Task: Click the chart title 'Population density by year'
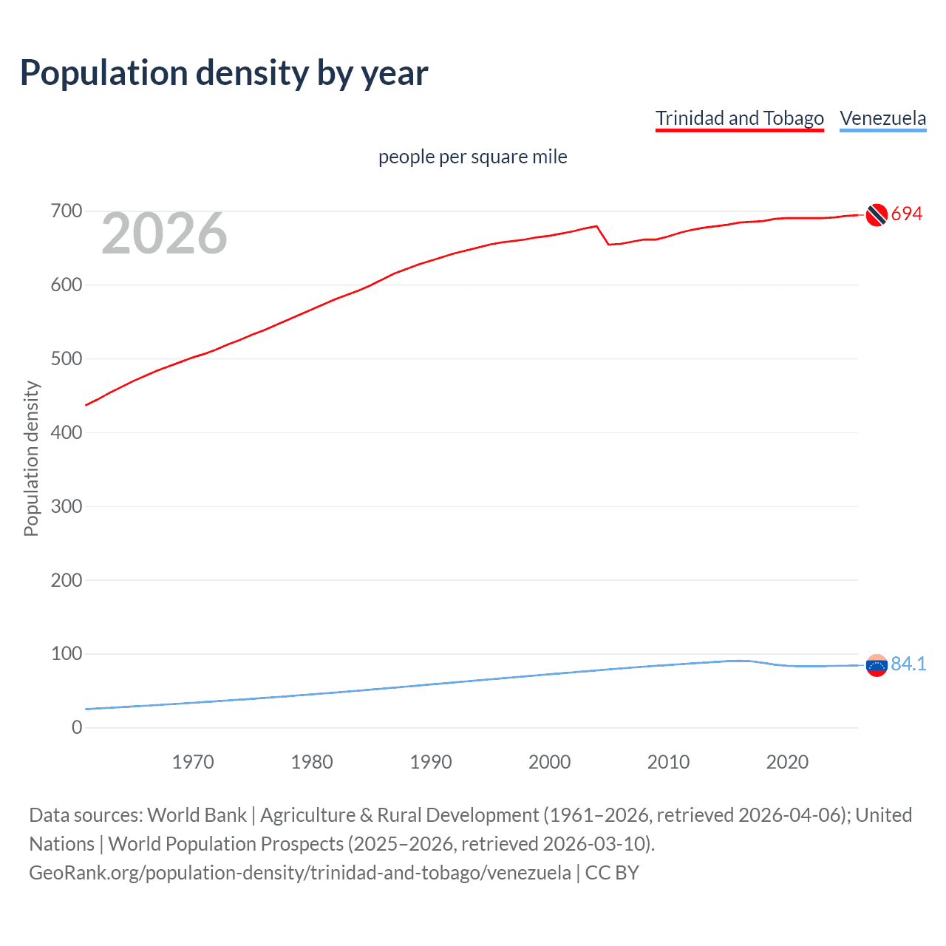[224, 73]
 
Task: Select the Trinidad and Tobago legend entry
[739, 118]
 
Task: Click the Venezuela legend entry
[882, 118]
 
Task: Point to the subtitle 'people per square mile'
[472, 157]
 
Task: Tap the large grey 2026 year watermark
[164, 234]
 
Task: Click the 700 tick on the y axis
[67, 211]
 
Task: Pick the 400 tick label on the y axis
[67, 432]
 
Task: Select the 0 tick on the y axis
[77, 728]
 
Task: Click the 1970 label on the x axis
[193, 762]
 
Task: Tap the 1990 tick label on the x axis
[431, 762]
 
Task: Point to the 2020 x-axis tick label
[787, 762]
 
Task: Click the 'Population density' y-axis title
[31, 458]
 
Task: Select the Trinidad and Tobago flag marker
[877, 214]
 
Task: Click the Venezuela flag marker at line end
[877, 665]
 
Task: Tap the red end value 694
[907, 214]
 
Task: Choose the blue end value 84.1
[908, 664]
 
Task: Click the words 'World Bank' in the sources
[197, 815]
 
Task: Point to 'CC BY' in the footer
[612, 873]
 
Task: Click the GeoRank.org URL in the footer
[299, 873]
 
